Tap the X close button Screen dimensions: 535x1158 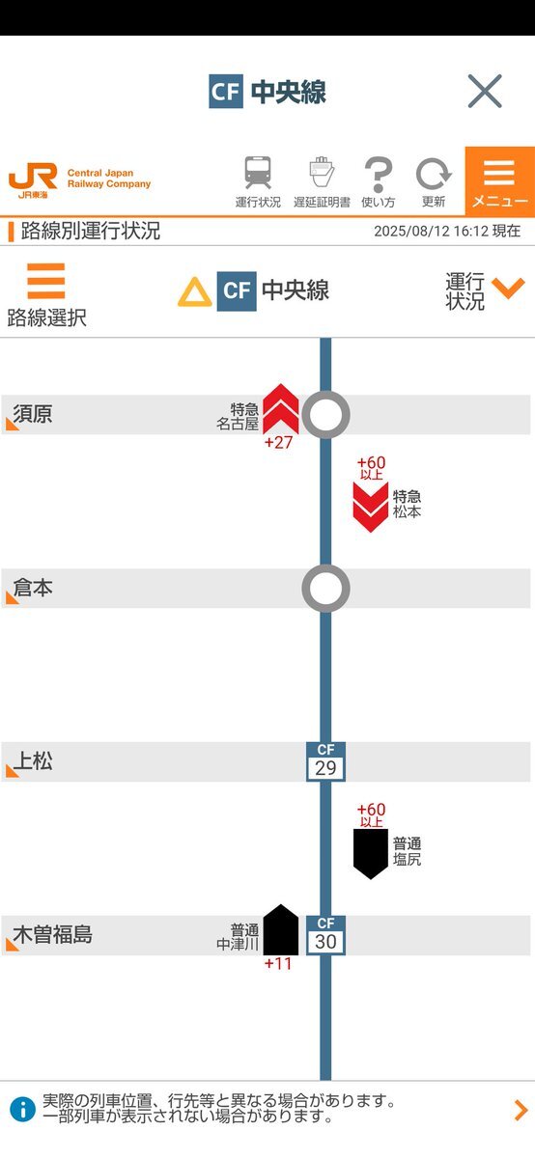tap(485, 91)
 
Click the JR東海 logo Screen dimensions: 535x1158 tap(33, 181)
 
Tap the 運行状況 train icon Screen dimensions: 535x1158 tap(258, 172)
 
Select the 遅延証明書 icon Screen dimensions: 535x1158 tap(322, 172)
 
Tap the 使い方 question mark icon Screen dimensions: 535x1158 tap(379, 175)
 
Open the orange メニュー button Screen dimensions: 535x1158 tap(500, 181)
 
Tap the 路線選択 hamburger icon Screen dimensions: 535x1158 tap(46, 281)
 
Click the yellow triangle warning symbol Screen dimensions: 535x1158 tap(194, 292)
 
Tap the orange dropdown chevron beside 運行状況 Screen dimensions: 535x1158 tap(508, 288)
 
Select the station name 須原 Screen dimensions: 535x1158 tap(33, 414)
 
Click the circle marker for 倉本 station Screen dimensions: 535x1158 tap(325, 589)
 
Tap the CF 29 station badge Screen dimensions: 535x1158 tap(325, 761)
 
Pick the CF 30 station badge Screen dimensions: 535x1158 tap(325, 935)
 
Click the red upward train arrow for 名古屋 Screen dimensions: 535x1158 tap(281, 408)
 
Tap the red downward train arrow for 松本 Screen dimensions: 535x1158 tap(371, 508)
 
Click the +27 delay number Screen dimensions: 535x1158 tap(278, 443)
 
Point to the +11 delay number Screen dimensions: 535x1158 tap(278, 964)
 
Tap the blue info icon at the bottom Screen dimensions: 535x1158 tap(23, 1110)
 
